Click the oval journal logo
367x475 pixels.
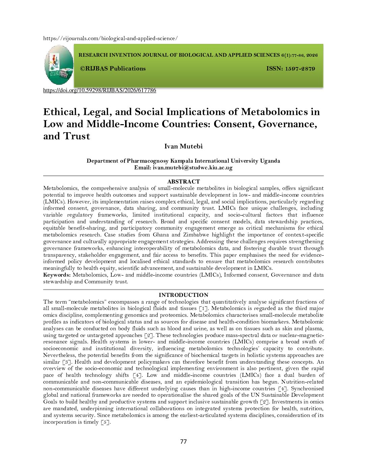point(59,65)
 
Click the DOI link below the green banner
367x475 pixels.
point(100,90)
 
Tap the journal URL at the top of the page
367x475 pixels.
point(110,38)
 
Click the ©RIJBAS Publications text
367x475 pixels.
point(113,68)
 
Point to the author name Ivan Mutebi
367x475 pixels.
point(183,146)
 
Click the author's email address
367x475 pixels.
point(193,168)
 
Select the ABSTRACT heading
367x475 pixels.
point(183,181)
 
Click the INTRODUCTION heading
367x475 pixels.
point(183,295)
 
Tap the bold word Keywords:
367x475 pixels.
point(57,275)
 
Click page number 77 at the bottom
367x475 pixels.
point(183,442)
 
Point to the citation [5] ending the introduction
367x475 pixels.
point(106,422)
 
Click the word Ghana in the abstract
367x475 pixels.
point(161,235)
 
